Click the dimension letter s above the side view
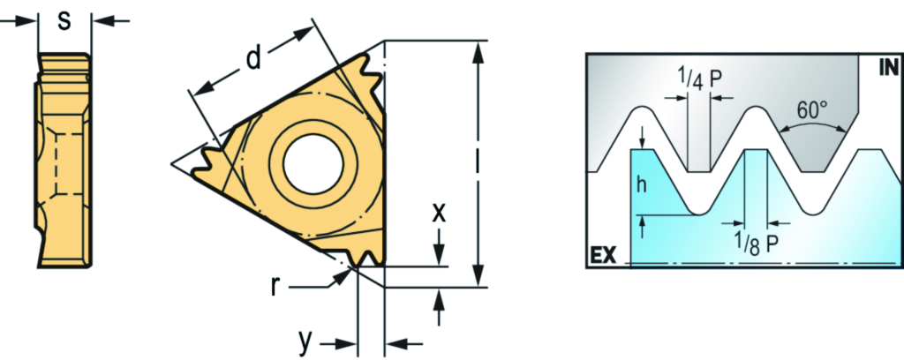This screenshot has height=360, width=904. pyautogui.click(x=64, y=22)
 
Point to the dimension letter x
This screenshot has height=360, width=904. pyautogui.click(x=440, y=214)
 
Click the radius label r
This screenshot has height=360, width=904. pyautogui.click(x=276, y=286)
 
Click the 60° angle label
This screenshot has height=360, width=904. pyautogui.click(x=811, y=109)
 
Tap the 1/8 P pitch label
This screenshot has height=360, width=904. pyautogui.click(x=757, y=244)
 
